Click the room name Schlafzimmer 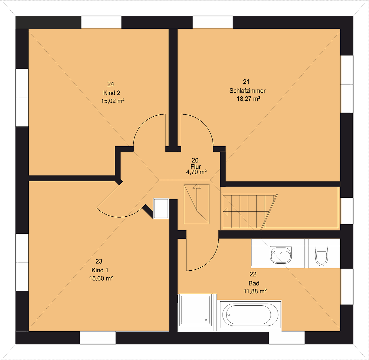tap(248, 91)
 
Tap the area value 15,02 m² tap(113, 101)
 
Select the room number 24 tap(111, 84)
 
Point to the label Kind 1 tap(100, 270)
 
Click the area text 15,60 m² tap(101, 278)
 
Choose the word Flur tap(196, 166)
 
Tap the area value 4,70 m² tap(196, 172)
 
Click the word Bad tap(254, 283)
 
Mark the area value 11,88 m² tap(255, 291)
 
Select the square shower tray tap(195, 310)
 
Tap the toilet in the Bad tap(322, 255)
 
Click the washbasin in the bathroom tap(281, 254)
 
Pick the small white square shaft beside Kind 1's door tap(161, 208)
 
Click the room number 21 tap(246, 82)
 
